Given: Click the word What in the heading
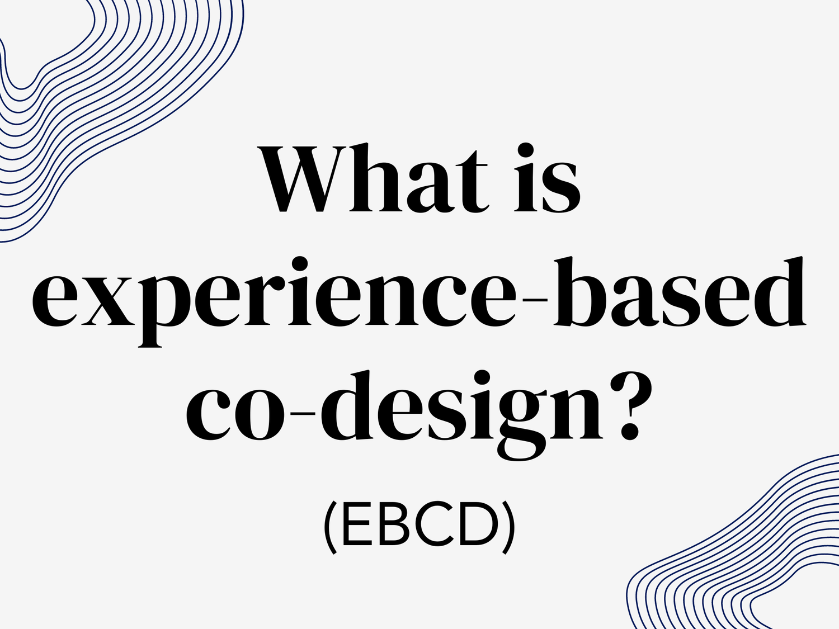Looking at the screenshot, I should tap(372, 179).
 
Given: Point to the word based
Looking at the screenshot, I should tap(680, 294).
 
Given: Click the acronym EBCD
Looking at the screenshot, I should tap(419, 526).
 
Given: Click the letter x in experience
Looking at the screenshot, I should tap(107, 302).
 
